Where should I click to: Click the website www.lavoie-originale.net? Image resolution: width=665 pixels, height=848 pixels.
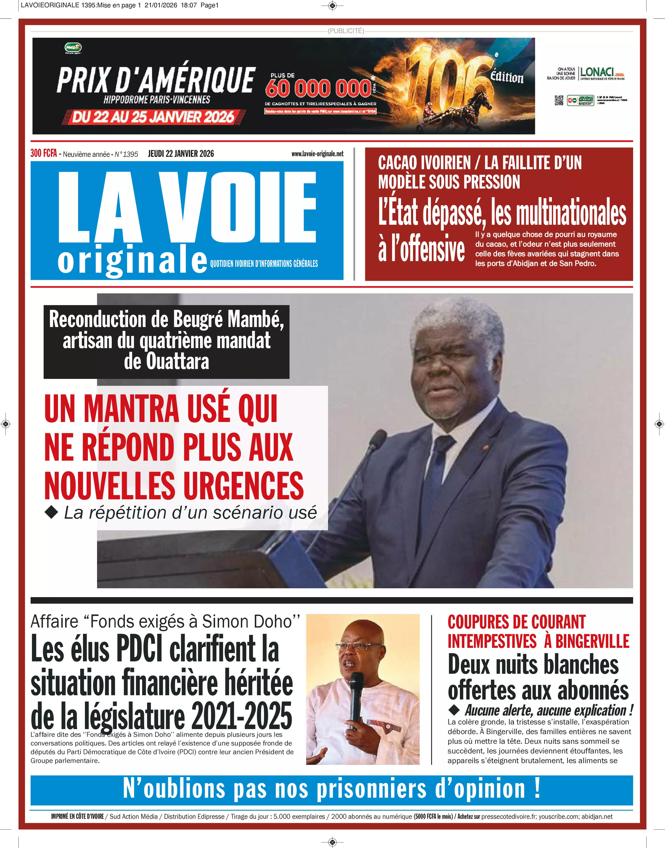317,154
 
